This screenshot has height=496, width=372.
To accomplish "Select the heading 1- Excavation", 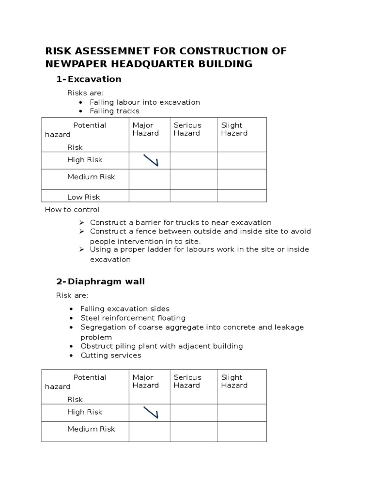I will (x=89, y=79).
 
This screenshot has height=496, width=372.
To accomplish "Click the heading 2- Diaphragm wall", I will (x=100, y=281).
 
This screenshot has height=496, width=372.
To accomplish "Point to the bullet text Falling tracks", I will (x=114, y=111).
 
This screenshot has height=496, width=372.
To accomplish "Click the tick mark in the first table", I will (x=151, y=160).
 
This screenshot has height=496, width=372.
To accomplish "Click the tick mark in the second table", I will (x=151, y=412).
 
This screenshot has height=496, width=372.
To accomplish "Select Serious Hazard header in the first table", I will (x=187, y=129).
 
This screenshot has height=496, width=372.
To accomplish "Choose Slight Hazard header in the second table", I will (x=234, y=381).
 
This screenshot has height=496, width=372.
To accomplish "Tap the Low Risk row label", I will (x=83, y=197).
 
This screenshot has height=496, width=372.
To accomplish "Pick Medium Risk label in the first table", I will (x=91, y=177).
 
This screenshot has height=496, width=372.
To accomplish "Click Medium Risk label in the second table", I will (x=91, y=429).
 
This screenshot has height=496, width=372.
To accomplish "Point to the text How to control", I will (x=72, y=210).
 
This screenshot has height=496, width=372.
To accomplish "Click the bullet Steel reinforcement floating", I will (x=133, y=318).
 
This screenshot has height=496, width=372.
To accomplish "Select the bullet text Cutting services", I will (x=110, y=355).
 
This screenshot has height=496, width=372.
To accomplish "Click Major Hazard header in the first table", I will (x=145, y=129).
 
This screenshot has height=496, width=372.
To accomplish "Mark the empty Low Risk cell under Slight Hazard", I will (x=242, y=196).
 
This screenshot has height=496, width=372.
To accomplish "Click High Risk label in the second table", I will (x=85, y=412).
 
